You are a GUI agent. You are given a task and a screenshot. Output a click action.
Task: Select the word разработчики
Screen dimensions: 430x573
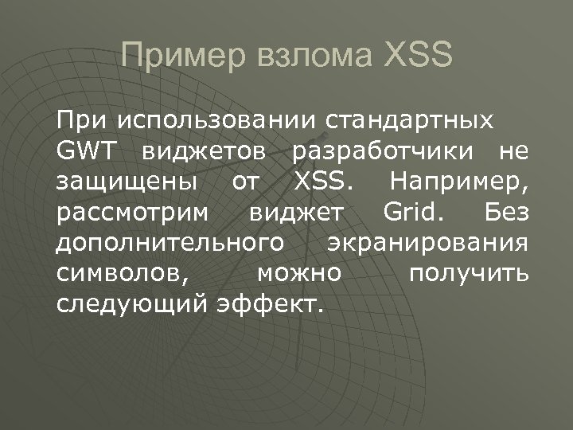(383, 151)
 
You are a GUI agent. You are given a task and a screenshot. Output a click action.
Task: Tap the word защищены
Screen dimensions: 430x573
(127, 182)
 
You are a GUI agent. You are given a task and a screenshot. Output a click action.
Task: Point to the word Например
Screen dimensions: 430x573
(460, 182)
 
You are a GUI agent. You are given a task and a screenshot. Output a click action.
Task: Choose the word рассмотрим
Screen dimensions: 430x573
(134, 213)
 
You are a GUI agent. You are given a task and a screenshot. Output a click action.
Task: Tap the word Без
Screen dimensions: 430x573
(506, 213)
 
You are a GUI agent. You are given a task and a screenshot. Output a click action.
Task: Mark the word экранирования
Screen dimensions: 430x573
(428, 243)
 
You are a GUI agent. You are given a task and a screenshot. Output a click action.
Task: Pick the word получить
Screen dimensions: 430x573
(468, 273)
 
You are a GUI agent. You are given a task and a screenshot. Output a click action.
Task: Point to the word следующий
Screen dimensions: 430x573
(133, 303)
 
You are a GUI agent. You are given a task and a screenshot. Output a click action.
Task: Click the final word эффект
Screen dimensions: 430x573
(271, 303)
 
